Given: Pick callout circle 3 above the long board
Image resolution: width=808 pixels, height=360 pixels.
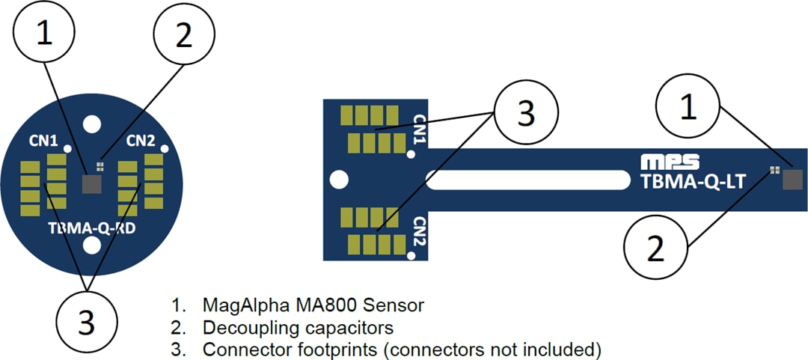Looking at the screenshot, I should pos(526,114).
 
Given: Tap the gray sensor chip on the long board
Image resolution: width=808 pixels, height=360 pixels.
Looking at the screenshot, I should pos(792,179).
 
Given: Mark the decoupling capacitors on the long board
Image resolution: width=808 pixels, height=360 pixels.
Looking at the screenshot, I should pos(774,171).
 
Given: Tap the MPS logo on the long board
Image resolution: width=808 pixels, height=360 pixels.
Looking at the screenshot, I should pos(670,161).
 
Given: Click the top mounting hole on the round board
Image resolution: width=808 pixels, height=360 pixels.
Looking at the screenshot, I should pos(93,123).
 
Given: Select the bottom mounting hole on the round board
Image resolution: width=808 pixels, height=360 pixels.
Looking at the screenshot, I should pos(93,245).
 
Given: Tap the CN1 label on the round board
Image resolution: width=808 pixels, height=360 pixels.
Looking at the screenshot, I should pos(43,141).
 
